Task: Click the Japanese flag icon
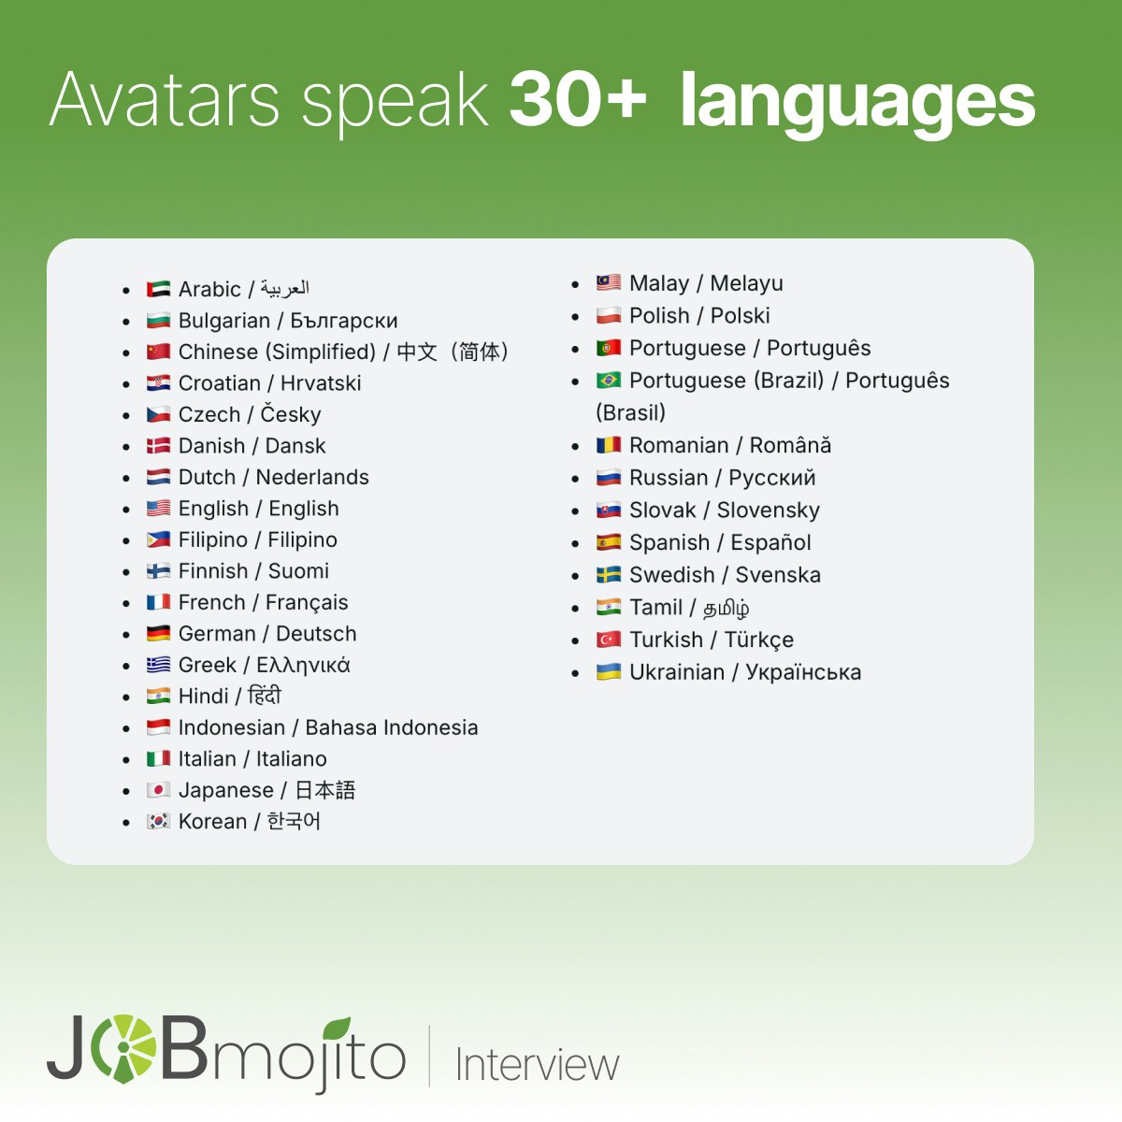[158, 790]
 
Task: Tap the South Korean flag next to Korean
[158, 822]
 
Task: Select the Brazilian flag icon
[609, 381]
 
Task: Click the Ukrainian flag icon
[609, 672]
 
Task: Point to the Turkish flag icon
[609, 640]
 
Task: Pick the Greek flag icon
[158, 665]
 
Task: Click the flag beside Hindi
[158, 697]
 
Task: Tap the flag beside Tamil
[609, 608]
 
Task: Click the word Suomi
[298, 571]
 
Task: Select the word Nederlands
[312, 477]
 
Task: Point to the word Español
[770, 543]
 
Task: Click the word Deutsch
[316, 634]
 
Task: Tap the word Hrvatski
[321, 383]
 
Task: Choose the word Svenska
[778, 575]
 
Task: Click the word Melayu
[746, 283]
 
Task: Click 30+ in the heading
[578, 99]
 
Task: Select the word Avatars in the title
[165, 99]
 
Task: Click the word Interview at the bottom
[537, 1065]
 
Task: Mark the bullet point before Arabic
[126, 291]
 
